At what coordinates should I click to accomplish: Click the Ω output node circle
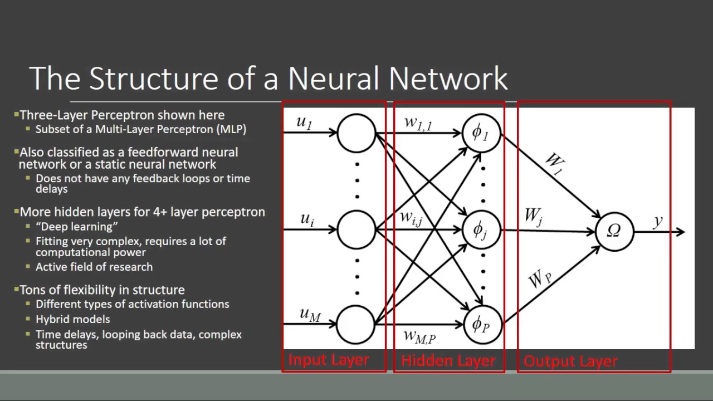tap(614, 231)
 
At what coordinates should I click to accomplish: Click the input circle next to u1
tap(356, 133)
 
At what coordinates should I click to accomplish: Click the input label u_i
tap(307, 219)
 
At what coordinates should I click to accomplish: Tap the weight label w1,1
tap(418, 124)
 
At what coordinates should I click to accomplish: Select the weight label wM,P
tap(419, 336)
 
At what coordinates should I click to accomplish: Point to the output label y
tap(658, 221)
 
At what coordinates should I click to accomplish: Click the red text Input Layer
tap(329, 360)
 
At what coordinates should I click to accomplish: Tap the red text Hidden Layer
tap(448, 361)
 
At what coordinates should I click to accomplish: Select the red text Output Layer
tap(571, 361)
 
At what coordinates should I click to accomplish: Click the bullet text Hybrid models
tap(73, 319)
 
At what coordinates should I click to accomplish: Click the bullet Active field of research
tap(94, 267)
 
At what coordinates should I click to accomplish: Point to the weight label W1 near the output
tap(554, 163)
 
